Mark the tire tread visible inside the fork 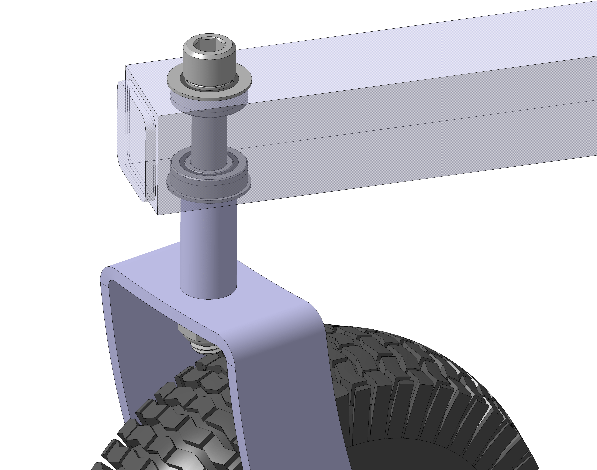(x=193, y=399)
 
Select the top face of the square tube (x=385, y=55)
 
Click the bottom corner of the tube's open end (x=157, y=214)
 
